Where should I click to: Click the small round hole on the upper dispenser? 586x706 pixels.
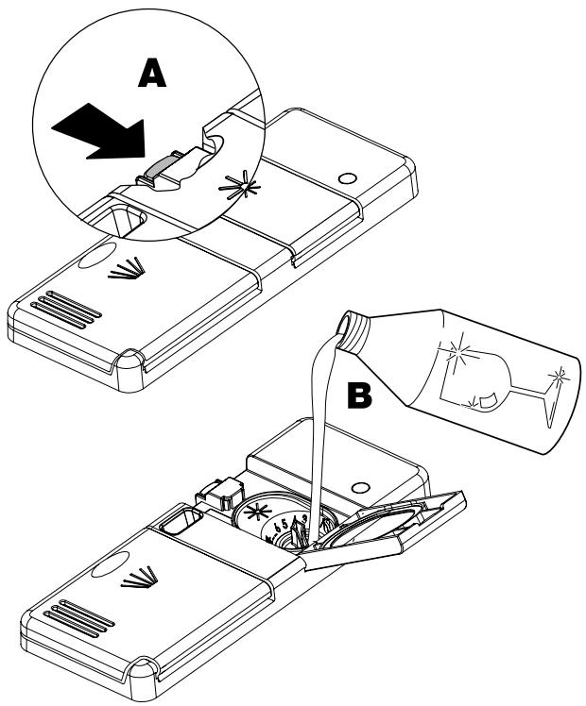(346, 176)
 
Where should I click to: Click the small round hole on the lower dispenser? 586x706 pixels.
(358, 486)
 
